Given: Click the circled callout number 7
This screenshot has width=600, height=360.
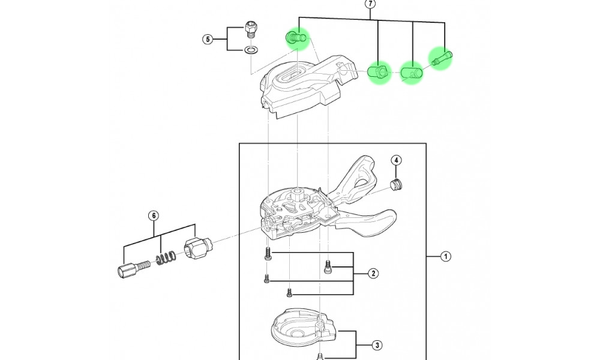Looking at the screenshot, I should pyautogui.click(x=370, y=4).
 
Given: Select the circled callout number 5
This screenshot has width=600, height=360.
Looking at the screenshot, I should pyautogui.click(x=208, y=40).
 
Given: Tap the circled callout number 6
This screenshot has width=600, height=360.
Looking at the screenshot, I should pyautogui.click(x=153, y=215).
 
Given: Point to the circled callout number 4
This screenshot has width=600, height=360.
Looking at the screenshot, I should pyautogui.click(x=397, y=160).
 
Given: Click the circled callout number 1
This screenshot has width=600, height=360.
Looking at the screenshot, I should pyautogui.click(x=446, y=257).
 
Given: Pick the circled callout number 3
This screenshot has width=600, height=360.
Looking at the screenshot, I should pyautogui.click(x=377, y=345).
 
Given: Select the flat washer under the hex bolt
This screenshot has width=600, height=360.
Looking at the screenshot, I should pyautogui.click(x=252, y=49).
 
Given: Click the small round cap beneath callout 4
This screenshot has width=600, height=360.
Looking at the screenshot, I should pyautogui.click(x=395, y=184).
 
